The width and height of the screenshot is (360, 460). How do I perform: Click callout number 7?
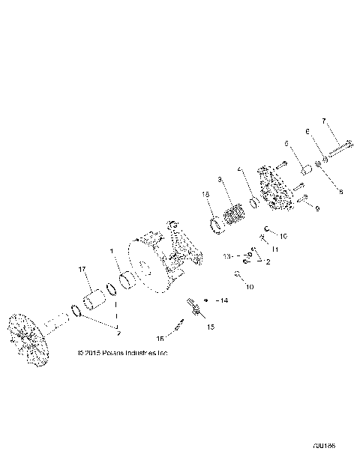324,121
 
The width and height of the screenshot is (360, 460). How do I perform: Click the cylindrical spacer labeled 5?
304,169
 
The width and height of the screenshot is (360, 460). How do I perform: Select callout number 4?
238,169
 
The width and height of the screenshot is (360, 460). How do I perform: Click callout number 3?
218,180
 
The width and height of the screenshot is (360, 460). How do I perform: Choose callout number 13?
227,255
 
